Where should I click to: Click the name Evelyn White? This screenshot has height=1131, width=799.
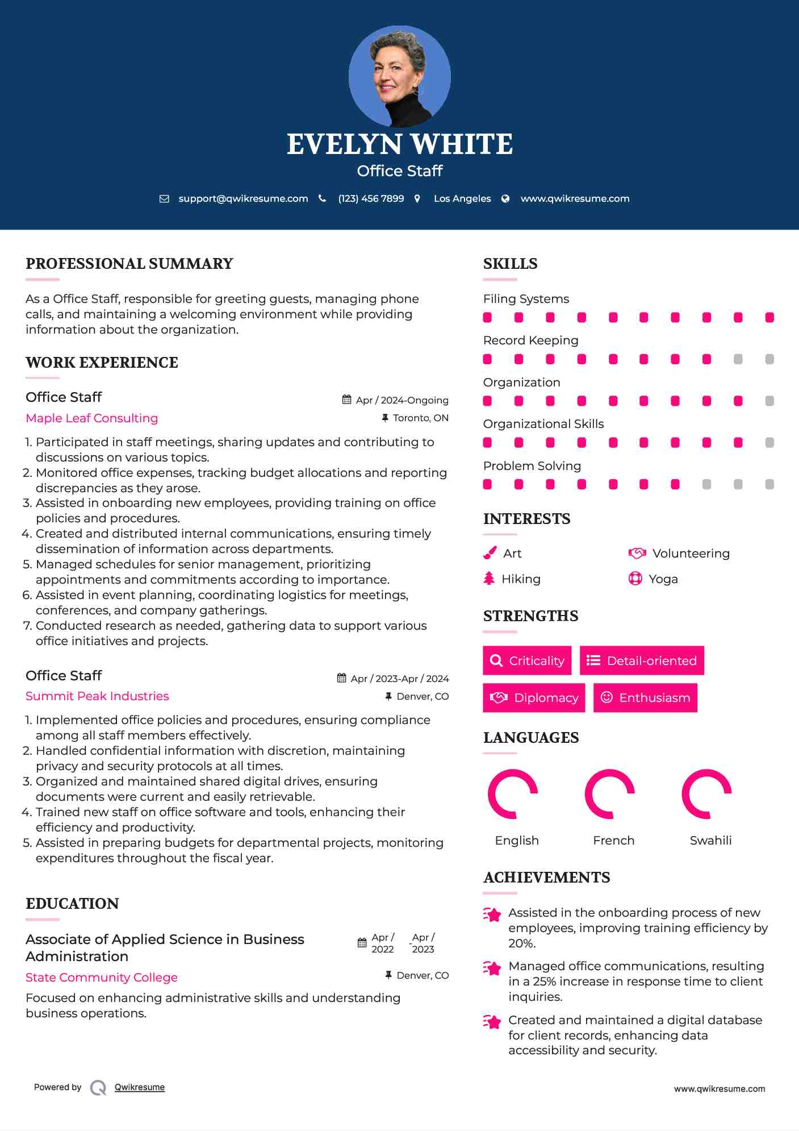pyautogui.click(x=399, y=144)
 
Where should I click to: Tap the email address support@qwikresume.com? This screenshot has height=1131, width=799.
pyautogui.click(x=243, y=199)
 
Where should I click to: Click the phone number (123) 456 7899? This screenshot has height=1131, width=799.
pyautogui.click(x=371, y=199)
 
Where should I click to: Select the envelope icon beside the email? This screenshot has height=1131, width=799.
pyautogui.click(x=164, y=199)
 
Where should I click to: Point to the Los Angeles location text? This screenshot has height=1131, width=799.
pyautogui.click(x=462, y=199)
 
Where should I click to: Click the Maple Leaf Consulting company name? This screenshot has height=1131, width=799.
pyautogui.click(x=92, y=418)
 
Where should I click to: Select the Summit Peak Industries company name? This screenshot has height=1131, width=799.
pyautogui.click(x=97, y=696)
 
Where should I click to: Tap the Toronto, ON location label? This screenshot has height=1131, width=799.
pyautogui.click(x=420, y=418)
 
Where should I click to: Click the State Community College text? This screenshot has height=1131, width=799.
pyautogui.click(x=102, y=978)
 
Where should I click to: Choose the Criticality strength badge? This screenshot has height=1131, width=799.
pyautogui.click(x=527, y=660)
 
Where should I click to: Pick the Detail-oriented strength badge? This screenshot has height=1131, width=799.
pyautogui.click(x=642, y=660)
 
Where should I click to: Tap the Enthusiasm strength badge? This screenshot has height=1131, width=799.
pyautogui.click(x=645, y=698)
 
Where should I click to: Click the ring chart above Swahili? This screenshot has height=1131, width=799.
pyautogui.click(x=706, y=794)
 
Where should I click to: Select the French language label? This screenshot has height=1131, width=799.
pyautogui.click(x=613, y=841)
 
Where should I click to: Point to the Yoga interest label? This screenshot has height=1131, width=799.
pyautogui.click(x=663, y=579)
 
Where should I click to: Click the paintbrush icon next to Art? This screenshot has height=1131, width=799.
pyautogui.click(x=490, y=554)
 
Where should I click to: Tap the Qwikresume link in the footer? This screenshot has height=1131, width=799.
pyautogui.click(x=140, y=1087)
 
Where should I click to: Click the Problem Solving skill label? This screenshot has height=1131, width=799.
pyautogui.click(x=532, y=466)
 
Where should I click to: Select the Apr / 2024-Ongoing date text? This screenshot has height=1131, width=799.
pyautogui.click(x=402, y=401)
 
